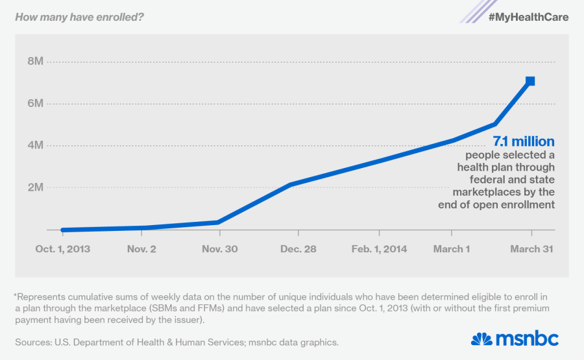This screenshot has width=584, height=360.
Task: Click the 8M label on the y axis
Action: (x=34, y=62)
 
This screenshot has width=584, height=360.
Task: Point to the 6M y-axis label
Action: (x=34, y=104)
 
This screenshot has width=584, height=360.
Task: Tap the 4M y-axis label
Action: (x=34, y=145)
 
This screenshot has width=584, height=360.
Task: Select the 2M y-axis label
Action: (x=34, y=187)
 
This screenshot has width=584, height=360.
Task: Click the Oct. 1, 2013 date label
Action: (x=63, y=249)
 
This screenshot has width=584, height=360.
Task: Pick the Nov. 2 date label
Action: (x=141, y=249)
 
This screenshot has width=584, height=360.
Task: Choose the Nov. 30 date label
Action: (x=219, y=249)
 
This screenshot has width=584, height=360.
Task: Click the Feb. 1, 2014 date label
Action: (x=380, y=249)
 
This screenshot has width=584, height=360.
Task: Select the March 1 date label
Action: (x=452, y=249)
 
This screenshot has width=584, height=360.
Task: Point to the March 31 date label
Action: (x=531, y=249)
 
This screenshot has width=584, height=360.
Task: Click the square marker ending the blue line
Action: (x=530, y=81)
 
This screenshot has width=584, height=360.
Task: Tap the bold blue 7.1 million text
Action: (x=523, y=141)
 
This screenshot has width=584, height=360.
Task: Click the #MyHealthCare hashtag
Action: (x=528, y=17)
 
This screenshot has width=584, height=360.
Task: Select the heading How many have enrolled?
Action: (x=79, y=16)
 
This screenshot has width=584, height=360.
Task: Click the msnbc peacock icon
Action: (x=482, y=339)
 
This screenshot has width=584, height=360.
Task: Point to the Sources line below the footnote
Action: (x=176, y=342)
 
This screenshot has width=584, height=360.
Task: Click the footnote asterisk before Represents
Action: (x=16, y=296)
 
